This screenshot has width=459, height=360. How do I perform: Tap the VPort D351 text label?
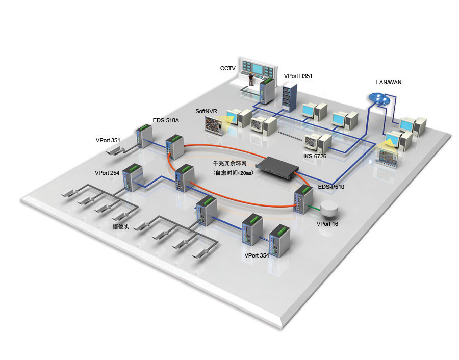pyautogui.click(x=298, y=76)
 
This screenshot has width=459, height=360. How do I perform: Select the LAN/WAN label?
pyautogui.click(x=389, y=82)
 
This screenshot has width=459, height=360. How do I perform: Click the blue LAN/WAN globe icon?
pyautogui.click(x=380, y=98)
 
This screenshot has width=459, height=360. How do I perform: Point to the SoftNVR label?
pyautogui.click(x=206, y=111)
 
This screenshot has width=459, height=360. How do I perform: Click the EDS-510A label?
pyautogui.click(x=166, y=121)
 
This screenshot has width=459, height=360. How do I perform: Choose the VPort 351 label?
pyautogui.click(x=108, y=140)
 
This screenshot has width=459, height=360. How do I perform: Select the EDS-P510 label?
pyautogui.click(x=331, y=187)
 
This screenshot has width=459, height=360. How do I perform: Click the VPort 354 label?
pyautogui.click(x=257, y=255)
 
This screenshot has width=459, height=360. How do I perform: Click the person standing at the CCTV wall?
pyautogui.click(x=251, y=78)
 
